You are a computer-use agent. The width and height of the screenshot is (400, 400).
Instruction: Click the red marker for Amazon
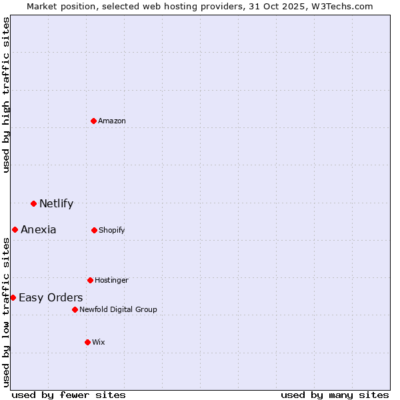click(94, 121)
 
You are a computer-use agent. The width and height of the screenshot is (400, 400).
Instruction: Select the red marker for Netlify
click(33, 203)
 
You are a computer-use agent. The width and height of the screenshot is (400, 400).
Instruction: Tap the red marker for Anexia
click(15, 229)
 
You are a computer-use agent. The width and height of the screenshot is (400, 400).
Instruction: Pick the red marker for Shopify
click(94, 230)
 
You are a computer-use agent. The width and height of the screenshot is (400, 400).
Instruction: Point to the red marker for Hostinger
click(90, 280)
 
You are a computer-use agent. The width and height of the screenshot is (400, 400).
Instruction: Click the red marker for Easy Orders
click(13, 297)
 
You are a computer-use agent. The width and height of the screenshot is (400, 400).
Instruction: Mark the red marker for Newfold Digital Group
click(75, 309)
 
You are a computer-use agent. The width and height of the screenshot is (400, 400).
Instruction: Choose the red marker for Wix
click(87, 342)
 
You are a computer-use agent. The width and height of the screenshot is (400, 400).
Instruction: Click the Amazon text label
click(112, 121)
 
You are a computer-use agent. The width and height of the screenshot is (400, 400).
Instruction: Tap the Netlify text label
click(56, 203)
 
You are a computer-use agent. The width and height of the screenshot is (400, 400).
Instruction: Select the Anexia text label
click(38, 229)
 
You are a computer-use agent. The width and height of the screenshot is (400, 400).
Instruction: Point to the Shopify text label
click(112, 230)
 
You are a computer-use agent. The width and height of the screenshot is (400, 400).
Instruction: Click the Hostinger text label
click(111, 280)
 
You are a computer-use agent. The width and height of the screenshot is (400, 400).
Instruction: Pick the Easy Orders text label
click(51, 297)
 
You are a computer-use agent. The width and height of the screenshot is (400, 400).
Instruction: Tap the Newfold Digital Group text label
click(118, 309)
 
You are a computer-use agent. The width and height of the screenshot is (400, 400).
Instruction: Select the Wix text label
click(99, 342)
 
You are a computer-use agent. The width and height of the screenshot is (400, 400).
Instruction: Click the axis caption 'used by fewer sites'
click(69, 395)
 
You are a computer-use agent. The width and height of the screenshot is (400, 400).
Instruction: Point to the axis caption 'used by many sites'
click(335, 395)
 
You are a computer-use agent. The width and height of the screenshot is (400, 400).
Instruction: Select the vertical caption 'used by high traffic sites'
click(7, 95)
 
